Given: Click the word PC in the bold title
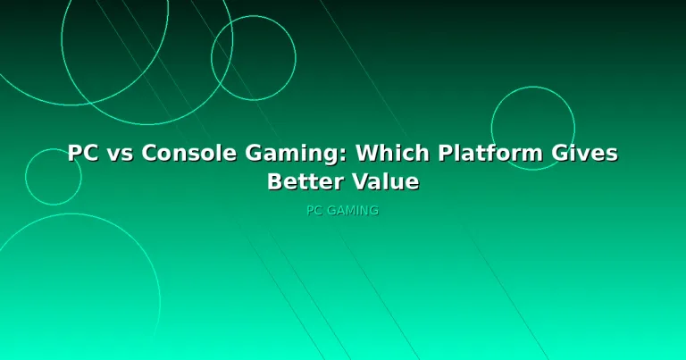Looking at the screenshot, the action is [83, 153].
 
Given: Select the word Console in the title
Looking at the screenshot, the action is [189, 153].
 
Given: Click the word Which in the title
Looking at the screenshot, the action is [392, 153].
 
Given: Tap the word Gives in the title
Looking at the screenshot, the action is [584, 153].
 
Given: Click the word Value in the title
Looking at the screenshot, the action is [386, 181].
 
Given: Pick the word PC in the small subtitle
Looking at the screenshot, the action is [314, 211].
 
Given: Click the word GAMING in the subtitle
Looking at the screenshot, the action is [353, 211].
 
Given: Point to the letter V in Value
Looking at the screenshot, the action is [361, 181].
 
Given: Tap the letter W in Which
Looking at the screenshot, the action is [367, 153].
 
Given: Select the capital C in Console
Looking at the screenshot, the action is [149, 153].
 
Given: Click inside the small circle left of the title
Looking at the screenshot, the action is [54, 177].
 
